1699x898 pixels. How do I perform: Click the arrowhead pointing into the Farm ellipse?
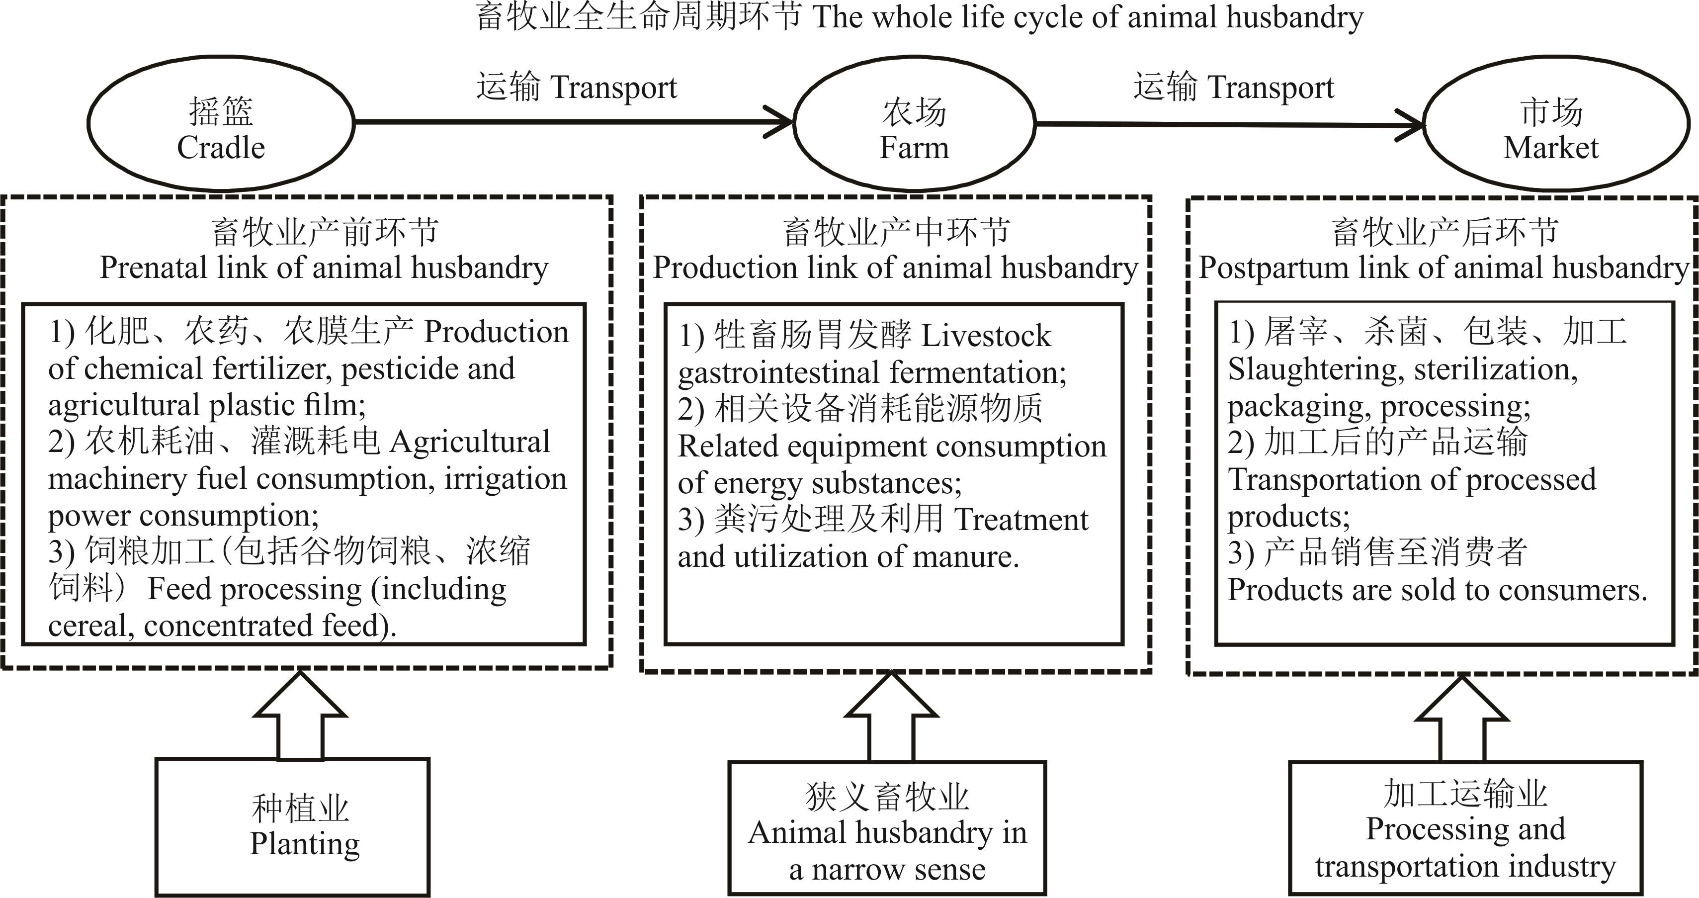pyautogui.click(x=781, y=122)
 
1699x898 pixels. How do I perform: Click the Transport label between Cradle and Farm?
pyautogui.click(x=578, y=87)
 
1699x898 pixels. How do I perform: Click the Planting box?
pyautogui.click(x=293, y=827)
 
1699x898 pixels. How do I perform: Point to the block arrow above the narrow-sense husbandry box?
pyautogui.click(x=891, y=716)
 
